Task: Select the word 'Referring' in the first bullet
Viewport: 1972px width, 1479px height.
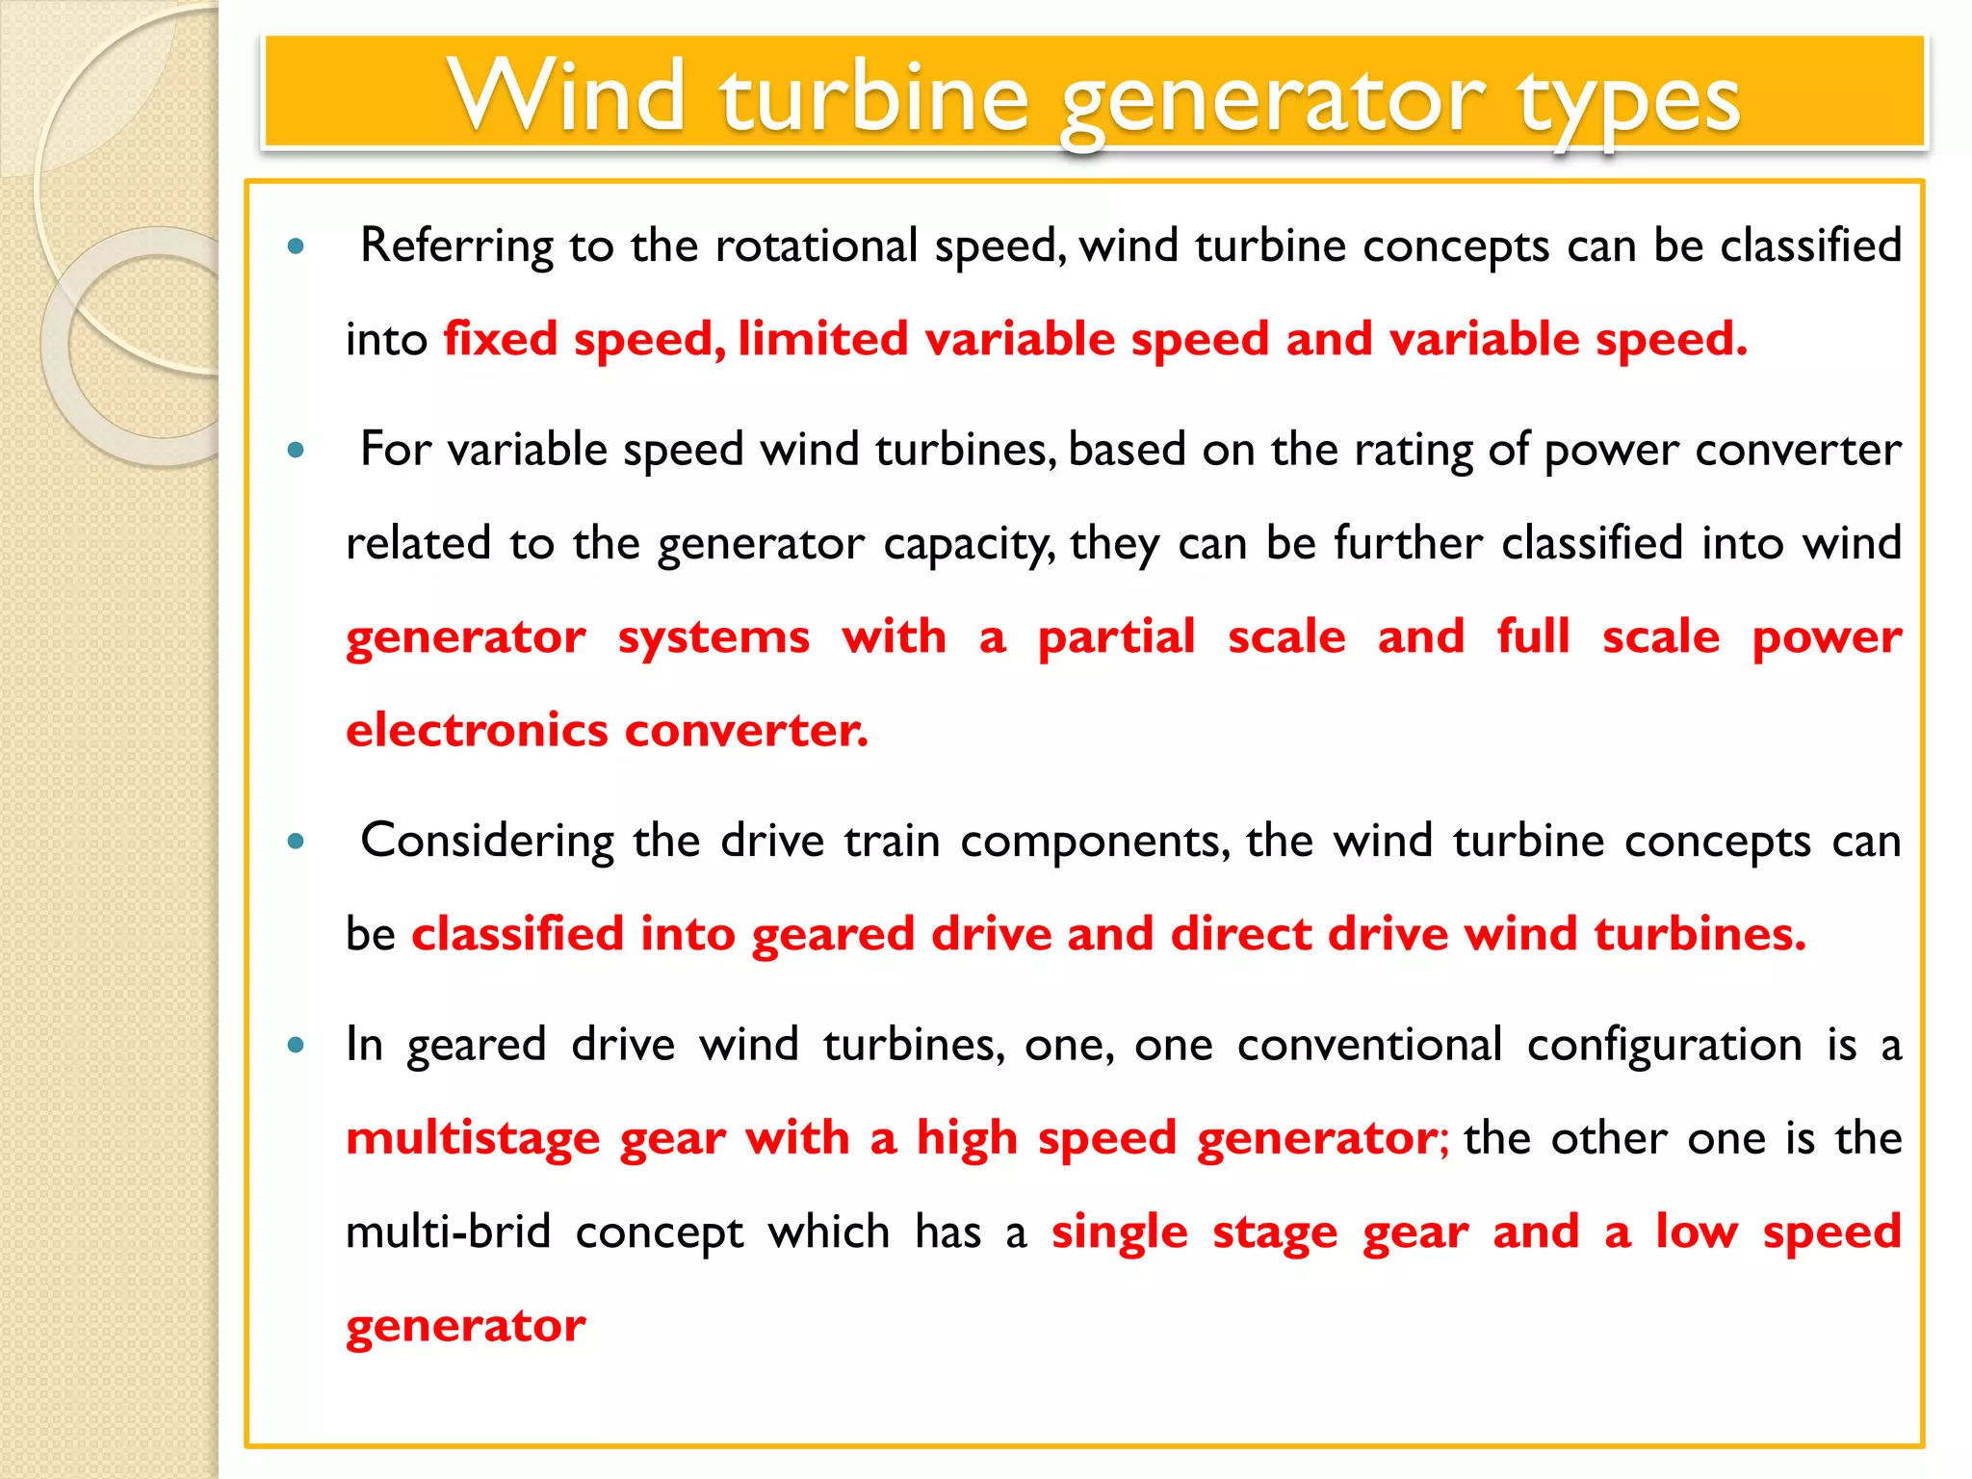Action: [456, 246]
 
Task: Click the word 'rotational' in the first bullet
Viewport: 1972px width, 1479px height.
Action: [817, 246]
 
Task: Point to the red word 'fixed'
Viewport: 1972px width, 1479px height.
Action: [501, 339]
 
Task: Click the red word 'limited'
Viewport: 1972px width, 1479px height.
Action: [823, 339]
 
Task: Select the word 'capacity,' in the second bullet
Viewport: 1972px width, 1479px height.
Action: [969, 544]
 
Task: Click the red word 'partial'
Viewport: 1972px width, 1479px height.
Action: [1117, 637]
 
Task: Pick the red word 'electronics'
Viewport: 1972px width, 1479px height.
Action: [477, 730]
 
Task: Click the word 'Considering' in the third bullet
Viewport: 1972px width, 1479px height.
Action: [487, 841]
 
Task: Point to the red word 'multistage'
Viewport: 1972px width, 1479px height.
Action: [473, 1139]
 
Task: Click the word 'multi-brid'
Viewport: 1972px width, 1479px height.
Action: [448, 1232]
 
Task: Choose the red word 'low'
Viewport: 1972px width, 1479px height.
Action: [1697, 1232]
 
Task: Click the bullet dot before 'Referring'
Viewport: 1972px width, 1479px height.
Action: [297, 246]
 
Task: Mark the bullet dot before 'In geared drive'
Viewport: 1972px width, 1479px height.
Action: [297, 1045]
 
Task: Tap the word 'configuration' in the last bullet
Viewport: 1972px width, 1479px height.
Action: [1664, 1045]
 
